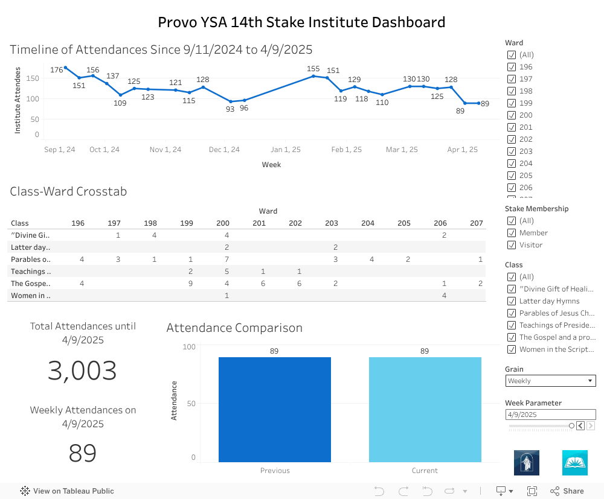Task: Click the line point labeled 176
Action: (65, 68)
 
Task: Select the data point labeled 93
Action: (231, 102)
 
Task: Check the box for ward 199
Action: (512, 103)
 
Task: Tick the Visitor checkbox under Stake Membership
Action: (512, 245)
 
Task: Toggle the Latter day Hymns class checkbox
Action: (512, 301)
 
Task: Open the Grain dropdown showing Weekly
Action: (550, 381)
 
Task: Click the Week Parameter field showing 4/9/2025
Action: (550, 415)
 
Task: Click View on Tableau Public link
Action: (67, 491)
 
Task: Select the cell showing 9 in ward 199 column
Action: (190, 283)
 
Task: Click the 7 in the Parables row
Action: (226, 259)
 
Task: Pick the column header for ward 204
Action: (368, 223)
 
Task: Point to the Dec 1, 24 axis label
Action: (224, 150)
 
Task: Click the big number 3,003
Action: (82, 370)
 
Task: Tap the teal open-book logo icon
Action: (575, 463)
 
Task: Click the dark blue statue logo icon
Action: (527, 463)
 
